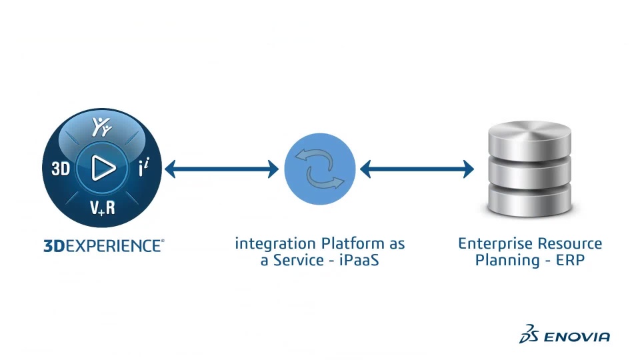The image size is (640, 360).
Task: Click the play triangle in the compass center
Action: click(x=103, y=169)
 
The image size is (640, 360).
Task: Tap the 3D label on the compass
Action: click(x=61, y=169)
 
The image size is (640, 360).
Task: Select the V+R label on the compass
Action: click(x=103, y=208)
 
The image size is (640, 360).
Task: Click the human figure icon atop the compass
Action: click(x=102, y=125)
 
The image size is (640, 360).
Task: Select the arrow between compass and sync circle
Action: click(x=221, y=169)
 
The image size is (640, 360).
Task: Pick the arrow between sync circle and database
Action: click(x=417, y=169)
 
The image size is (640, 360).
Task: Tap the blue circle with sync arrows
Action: click(x=319, y=169)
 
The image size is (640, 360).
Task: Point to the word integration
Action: click(x=275, y=244)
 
